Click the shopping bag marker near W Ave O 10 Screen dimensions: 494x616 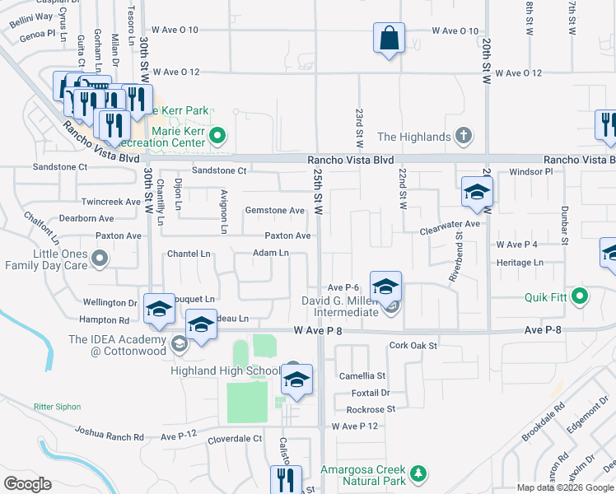pyautogui.click(x=389, y=39)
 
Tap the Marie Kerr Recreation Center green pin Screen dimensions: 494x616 pyautogui.click(x=217, y=135)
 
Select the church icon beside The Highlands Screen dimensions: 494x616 pyautogui.click(x=464, y=136)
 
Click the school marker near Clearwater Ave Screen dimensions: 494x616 pyautogui.click(x=477, y=193)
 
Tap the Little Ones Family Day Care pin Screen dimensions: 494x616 pyautogui.click(x=100, y=260)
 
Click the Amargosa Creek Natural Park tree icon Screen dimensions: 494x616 pyautogui.click(x=419, y=473)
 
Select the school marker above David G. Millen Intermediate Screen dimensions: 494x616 pyautogui.click(x=385, y=288)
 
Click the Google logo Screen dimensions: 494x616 pyautogui.click(x=27, y=484)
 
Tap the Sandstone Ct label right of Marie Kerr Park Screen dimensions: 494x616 pyautogui.click(x=219, y=170)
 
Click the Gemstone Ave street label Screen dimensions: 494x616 pyautogui.click(x=275, y=210)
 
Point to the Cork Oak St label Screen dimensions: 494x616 pyautogui.click(x=413, y=346)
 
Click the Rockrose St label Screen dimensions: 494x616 pyautogui.click(x=371, y=408)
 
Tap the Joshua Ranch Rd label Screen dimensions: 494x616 pyautogui.click(x=110, y=432)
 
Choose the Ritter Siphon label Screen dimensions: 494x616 pyautogui.click(x=59, y=407)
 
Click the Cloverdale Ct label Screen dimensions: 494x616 pyautogui.click(x=235, y=439)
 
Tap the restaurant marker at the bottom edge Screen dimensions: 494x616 pyautogui.click(x=286, y=480)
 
